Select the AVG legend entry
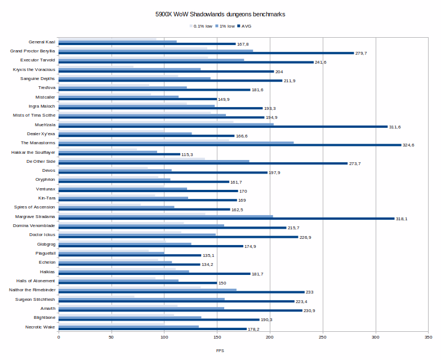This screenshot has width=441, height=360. click(x=246, y=26)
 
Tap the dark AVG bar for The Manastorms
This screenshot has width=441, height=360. click(x=230, y=145)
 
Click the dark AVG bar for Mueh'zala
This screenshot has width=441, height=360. click(x=223, y=127)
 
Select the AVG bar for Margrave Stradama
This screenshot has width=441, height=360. click(x=226, y=219)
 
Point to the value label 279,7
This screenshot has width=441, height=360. click(x=362, y=53)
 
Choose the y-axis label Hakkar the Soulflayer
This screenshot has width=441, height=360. click(x=33, y=152)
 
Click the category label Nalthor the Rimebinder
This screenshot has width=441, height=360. click(x=32, y=290)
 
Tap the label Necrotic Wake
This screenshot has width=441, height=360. click(x=41, y=327)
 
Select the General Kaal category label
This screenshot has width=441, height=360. click(x=42, y=42)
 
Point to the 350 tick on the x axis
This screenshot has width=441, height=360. click(x=428, y=337)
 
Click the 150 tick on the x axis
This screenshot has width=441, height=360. click(x=217, y=337)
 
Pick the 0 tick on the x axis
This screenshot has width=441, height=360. click(x=59, y=337)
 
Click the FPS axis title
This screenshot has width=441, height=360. click(x=220, y=350)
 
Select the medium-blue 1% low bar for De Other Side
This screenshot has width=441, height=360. click(x=154, y=161)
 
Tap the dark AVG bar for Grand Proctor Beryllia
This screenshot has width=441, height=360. click(x=206, y=53)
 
